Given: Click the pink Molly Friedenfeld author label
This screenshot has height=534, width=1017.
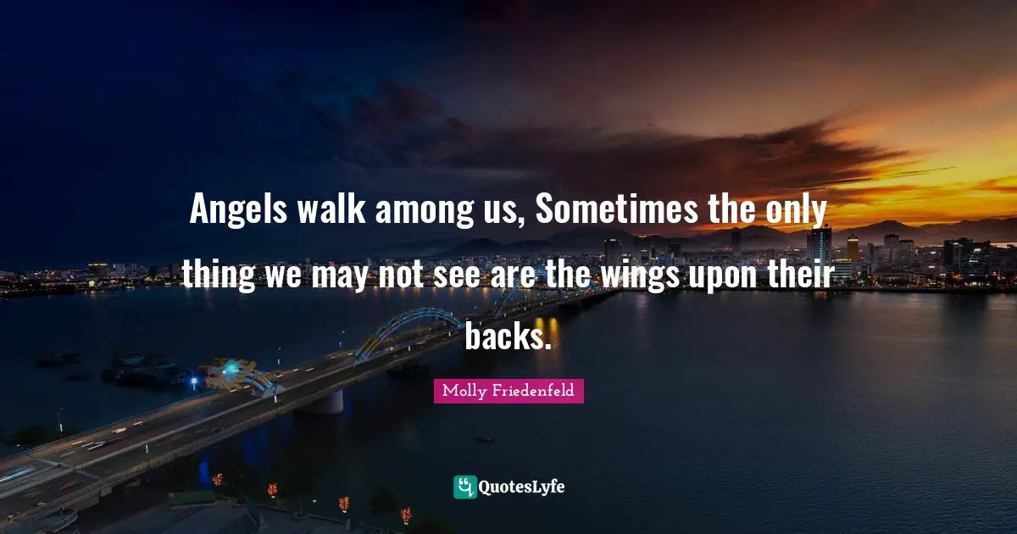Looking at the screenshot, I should (x=508, y=391).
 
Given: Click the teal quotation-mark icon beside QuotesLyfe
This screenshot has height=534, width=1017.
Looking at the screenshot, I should (x=465, y=487).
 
